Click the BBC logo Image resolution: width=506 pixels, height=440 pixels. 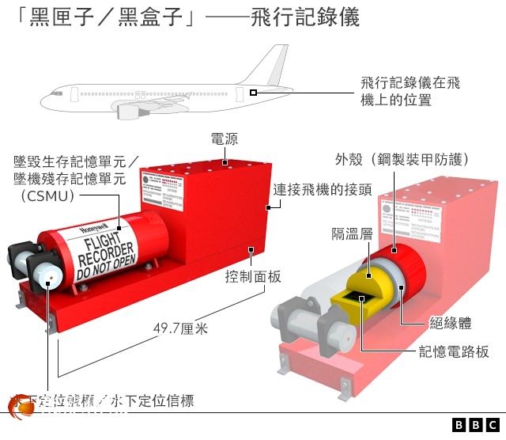(476, 425)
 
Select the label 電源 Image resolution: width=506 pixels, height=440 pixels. (224, 139)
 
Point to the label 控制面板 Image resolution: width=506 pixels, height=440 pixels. (253, 276)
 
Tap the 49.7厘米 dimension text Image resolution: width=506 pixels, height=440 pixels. (180, 328)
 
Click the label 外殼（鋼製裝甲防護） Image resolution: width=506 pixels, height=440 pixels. (402, 159)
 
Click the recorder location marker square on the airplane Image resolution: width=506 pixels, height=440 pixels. (253, 93)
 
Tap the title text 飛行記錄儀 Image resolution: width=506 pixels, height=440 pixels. (304, 17)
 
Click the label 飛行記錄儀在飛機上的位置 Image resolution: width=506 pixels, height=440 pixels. (410, 92)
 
